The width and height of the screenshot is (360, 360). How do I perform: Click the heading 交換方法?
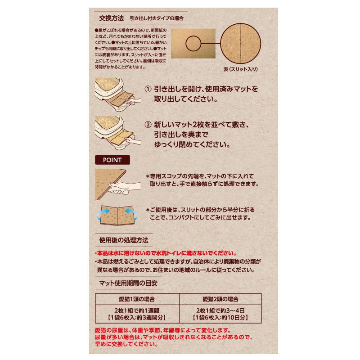(x=111, y=18)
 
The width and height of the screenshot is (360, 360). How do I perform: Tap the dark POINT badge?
(x=112, y=160)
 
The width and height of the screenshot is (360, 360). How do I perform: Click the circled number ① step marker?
(x=148, y=89)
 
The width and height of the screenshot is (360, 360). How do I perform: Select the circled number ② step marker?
(x=148, y=125)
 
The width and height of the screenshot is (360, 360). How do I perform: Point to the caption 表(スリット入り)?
(x=240, y=69)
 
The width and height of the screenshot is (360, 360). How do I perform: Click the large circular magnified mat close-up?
(x=240, y=43)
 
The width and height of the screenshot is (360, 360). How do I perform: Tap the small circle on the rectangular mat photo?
(x=193, y=43)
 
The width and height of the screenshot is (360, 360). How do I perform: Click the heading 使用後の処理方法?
(x=124, y=240)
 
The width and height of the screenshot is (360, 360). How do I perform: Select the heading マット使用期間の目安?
(x=128, y=283)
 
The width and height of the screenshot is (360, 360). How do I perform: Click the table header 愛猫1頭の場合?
(x=137, y=299)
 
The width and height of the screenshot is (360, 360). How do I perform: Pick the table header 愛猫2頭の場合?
(x=220, y=299)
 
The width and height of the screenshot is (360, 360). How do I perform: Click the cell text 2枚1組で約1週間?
(x=137, y=310)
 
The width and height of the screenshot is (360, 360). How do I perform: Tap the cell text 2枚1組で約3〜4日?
(x=220, y=310)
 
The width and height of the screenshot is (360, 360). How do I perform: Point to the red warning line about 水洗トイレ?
(x=166, y=253)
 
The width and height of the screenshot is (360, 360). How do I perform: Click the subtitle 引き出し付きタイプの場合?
(x=157, y=18)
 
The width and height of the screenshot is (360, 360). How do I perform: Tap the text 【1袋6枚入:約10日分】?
(x=220, y=318)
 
